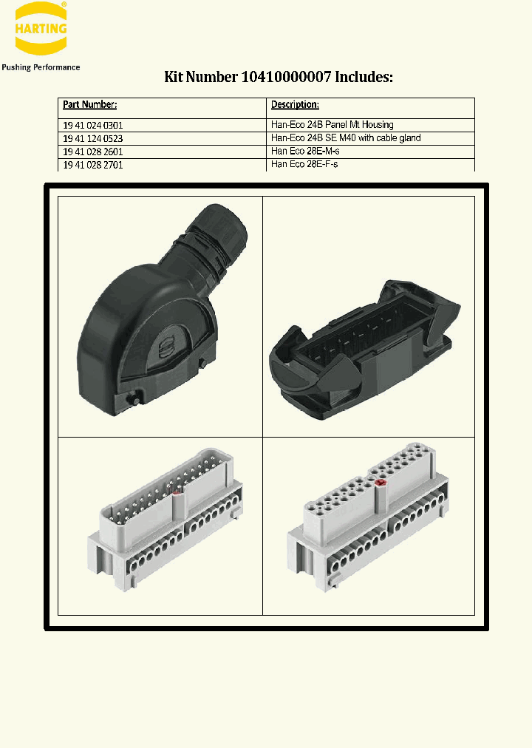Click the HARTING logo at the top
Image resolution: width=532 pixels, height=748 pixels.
click(x=41, y=30)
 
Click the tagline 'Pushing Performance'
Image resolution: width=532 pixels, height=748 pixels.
click(x=41, y=67)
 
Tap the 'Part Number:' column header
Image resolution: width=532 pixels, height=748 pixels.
click(x=89, y=105)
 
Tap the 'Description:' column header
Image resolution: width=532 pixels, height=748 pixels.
click(x=295, y=105)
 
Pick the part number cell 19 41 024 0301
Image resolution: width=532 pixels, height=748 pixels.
click(x=93, y=126)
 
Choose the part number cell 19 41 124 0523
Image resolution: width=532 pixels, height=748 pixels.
click(x=93, y=138)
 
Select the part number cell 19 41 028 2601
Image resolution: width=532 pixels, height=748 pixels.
click(x=93, y=152)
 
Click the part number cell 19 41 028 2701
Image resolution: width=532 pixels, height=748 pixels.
click(x=93, y=165)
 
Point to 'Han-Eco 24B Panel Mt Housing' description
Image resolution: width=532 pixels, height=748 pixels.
click(x=332, y=125)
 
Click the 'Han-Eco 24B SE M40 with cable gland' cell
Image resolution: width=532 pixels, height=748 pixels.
click(x=345, y=138)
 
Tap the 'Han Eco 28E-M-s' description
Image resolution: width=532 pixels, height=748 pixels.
click(x=304, y=152)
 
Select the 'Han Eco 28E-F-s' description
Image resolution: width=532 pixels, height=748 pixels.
click(x=304, y=164)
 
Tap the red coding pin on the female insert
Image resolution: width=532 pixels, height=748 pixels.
click(x=381, y=483)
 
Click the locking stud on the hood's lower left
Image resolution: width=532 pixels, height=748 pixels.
click(x=135, y=400)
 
